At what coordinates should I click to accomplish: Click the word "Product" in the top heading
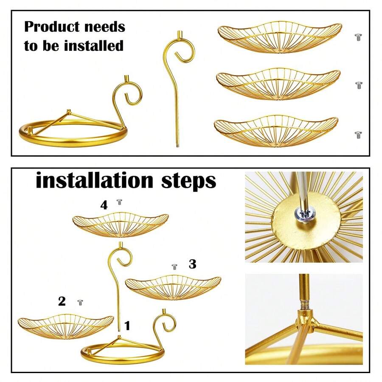(52, 27)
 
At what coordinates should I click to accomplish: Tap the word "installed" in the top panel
(94, 46)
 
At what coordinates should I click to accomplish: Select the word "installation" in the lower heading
(95, 180)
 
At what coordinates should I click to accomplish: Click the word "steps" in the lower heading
(188, 182)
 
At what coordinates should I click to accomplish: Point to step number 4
(104, 205)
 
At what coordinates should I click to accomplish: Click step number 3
(192, 264)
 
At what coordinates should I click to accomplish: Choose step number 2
(62, 301)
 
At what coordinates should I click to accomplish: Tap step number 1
(127, 326)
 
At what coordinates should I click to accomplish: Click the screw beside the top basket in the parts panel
(358, 37)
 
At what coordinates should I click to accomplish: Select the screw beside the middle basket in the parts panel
(358, 85)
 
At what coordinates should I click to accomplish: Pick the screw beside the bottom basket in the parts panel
(358, 135)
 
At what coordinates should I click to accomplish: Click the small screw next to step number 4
(119, 202)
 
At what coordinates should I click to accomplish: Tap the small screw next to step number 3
(174, 267)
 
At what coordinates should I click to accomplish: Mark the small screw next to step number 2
(80, 303)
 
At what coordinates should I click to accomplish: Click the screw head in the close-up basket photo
(304, 214)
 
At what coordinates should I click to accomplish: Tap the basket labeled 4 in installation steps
(121, 225)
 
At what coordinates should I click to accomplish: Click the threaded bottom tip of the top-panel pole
(177, 146)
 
